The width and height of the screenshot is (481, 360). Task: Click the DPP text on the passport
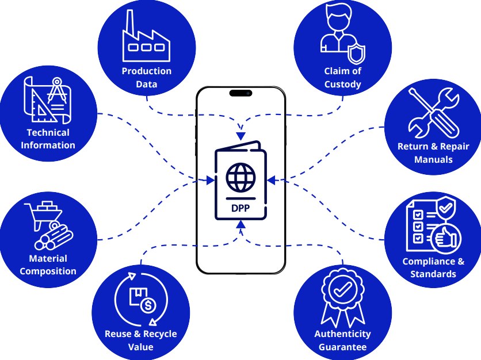pyautogui.click(x=240, y=208)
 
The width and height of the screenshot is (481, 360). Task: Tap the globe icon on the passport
pyautogui.click(x=241, y=178)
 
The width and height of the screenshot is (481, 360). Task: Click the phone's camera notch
pyautogui.click(x=241, y=93)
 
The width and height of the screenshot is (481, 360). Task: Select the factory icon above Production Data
pyautogui.click(x=146, y=36)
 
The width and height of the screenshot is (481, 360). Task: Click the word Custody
pyautogui.click(x=343, y=85)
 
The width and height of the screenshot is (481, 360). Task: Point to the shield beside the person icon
pyautogui.click(x=357, y=53)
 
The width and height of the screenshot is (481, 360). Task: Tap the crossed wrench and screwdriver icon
pyautogui.click(x=433, y=113)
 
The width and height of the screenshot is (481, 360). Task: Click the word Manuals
pyautogui.click(x=433, y=159)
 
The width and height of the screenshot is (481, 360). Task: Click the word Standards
pyautogui.click(x=433, y=274)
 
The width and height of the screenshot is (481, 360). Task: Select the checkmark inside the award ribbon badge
pyautogui.click(x=343, y=289)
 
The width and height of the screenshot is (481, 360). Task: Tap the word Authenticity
pyautogui.click(x=343, y=334)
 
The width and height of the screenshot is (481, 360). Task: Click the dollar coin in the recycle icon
pyautogui.click(x=148, y=305)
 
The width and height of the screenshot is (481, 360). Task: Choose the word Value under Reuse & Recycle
pyautogui.click(x=140, y=347)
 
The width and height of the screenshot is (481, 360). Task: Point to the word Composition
pyautogui.click(x=48, y=271)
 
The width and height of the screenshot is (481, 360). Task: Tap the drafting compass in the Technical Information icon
pyautogui.click(x=57, y=90)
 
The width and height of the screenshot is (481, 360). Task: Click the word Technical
pyautogui.click(x=48, y=132)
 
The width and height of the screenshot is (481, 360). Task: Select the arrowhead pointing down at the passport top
pyautogui.click(x=241, y=136)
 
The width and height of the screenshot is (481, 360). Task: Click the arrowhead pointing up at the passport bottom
pyautogui.click(x=241, y=224)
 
